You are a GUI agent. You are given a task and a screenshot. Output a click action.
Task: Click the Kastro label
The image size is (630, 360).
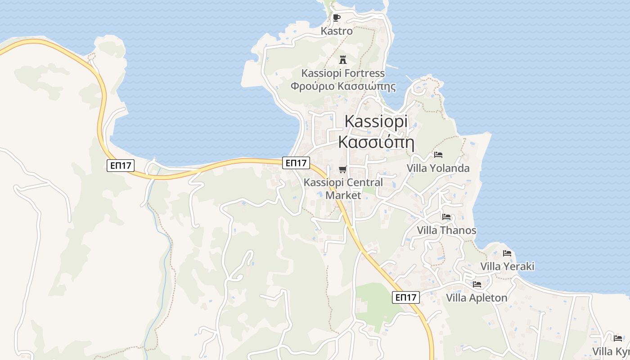tap(337, 31)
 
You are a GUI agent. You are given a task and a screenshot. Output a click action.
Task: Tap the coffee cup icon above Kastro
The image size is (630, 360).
tap(336, 18)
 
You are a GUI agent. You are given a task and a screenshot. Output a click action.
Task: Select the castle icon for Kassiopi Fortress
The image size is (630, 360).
tap(343, 59)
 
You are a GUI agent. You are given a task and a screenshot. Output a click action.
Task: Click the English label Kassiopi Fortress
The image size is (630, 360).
tap(343, 73)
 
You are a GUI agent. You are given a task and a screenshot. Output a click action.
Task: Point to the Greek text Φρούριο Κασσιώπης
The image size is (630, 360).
tap(343, 86)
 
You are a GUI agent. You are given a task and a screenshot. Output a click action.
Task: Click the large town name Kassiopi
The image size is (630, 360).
tap(376, 121)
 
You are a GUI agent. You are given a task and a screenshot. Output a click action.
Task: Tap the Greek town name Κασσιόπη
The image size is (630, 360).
tap(376, 142)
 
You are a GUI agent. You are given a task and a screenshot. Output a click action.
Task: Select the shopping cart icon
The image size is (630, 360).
tap(343, 170)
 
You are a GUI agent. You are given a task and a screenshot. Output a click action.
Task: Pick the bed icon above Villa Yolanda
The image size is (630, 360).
tap(438, 155)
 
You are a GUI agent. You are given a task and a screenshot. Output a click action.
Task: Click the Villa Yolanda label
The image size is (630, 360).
tap(438, 168)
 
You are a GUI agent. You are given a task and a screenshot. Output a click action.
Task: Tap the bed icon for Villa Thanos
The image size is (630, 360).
tap(446, 217)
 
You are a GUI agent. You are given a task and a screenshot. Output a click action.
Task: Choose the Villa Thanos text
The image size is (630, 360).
tap(446, 230)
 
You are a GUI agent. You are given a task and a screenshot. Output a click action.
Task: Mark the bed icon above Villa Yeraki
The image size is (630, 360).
tap(507, 253)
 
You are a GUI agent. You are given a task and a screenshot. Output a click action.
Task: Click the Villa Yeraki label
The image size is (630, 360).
tap(507, 266)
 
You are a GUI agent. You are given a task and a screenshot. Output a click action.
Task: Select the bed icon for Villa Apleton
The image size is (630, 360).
tap(477, 284)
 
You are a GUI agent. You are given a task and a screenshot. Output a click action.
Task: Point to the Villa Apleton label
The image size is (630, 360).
tap(477, 298)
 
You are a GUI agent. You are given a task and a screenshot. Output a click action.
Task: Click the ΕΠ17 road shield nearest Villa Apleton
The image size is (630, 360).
tap(406, 297)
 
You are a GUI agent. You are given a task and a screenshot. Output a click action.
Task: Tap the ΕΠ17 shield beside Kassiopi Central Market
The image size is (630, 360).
tap(296, 163)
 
